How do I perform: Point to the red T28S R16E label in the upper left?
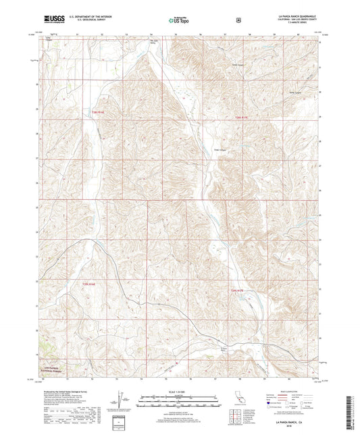tap(98, 112)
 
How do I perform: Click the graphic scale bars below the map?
tap(179, 399)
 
